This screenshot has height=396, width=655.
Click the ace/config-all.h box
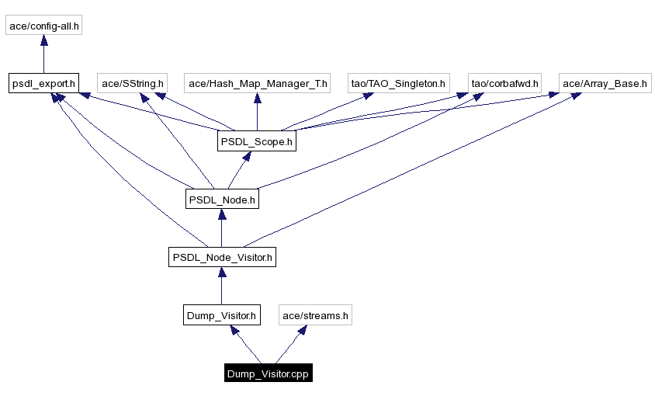click(44, 26)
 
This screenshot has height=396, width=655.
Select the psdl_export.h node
click(44, 83)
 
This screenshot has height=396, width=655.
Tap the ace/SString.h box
click(132, 83)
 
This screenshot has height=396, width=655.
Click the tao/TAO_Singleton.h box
click(399, 83)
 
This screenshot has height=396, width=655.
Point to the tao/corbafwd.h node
click(504, 83)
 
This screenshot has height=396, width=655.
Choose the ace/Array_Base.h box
click(605, 83)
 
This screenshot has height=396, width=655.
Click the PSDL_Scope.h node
click(257, 141)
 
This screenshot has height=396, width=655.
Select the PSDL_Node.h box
click(221, 200)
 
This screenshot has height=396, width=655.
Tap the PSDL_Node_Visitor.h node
click(222, 257)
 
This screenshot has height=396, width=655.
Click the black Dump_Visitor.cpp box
click(268, 373)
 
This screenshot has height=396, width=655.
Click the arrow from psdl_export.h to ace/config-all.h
click(44, 54)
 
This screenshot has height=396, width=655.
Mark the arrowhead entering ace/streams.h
click(299, 330)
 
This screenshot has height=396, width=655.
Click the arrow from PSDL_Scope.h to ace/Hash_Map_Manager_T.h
click(257, 112)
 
